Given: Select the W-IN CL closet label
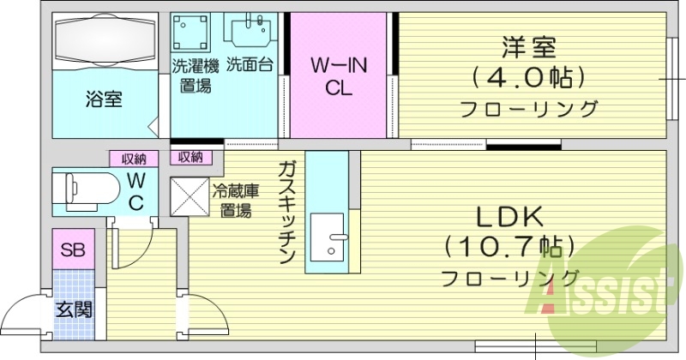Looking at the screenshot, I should pos(328,77).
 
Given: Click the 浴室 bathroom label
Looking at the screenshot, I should pos(103,98).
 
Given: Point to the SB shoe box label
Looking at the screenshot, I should pos(73,250).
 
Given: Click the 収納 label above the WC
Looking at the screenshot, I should pos(132,158).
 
